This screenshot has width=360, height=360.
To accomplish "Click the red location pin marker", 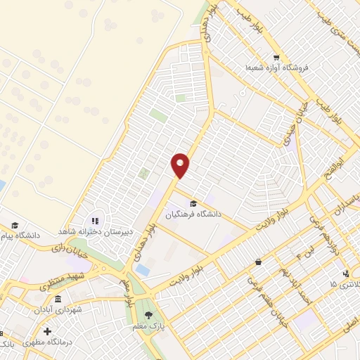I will tap(181, 165).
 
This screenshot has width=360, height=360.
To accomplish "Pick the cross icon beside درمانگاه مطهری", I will tap(47, 331).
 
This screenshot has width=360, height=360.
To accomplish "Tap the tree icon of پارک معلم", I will tap(148, 314).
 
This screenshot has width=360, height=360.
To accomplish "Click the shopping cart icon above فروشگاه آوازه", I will tap(277, 58).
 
